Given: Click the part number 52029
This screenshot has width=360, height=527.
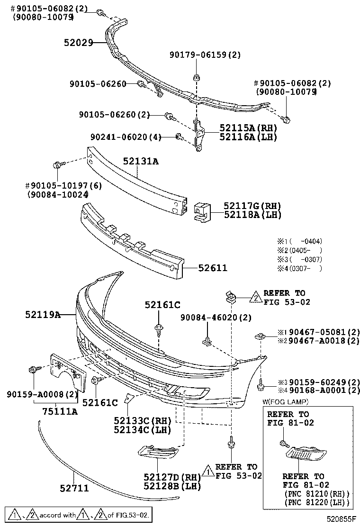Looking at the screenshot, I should point(78,43).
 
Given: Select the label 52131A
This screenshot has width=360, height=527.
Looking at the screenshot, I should point(141,162).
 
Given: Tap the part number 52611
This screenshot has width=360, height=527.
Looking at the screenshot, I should point(213,268).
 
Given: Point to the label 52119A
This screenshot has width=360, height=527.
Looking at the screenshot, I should point(43,314).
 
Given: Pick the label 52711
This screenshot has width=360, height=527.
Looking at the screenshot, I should point(74,487).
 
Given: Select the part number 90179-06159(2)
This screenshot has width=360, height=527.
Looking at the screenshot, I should point(205,55).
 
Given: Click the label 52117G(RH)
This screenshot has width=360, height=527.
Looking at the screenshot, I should point(252,206).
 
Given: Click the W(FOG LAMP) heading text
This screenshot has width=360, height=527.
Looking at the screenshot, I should point(285,402).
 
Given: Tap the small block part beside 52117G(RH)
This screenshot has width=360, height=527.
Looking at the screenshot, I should point(202,212).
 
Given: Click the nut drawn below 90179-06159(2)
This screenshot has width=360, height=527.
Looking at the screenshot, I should point(196,77).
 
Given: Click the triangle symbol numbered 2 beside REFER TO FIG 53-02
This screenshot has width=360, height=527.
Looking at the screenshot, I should point(255,297).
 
